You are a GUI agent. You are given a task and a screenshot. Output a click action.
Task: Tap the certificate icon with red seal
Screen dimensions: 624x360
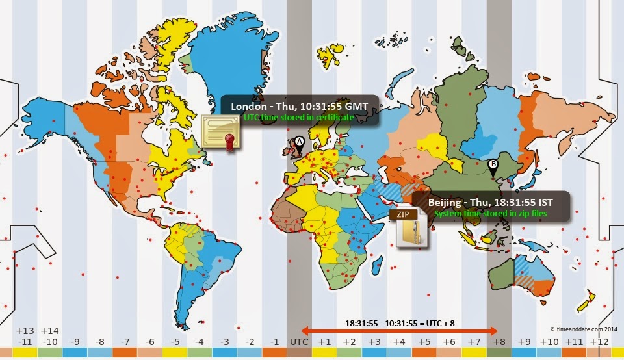(x=220, y=133)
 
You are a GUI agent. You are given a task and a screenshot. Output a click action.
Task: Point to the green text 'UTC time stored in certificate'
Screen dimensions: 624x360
(x=299, y=118)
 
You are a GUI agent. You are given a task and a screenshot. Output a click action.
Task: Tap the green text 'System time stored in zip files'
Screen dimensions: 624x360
(x=491, y=214)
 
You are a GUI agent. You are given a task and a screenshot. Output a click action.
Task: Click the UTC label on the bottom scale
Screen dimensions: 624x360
(x=299, y=342)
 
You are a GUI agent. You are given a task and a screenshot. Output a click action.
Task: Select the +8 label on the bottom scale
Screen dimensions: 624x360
(x=499, y=342)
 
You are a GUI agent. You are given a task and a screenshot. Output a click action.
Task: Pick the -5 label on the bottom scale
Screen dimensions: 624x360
(x=175, y=342)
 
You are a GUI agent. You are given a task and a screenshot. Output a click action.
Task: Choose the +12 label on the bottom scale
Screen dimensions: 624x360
(x=599, y=342)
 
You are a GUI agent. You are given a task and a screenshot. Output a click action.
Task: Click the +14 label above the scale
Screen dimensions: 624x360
(x=50, y=331)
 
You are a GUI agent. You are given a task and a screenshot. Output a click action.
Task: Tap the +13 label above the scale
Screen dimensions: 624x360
(x=25, y=331)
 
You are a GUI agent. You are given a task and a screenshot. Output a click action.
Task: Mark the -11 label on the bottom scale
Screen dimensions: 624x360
(x=25, y=342)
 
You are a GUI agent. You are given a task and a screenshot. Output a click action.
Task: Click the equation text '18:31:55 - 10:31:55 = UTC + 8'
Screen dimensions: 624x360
(x=399, y=322)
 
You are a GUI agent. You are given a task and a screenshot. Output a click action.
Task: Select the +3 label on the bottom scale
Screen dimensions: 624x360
(x=374, y=342)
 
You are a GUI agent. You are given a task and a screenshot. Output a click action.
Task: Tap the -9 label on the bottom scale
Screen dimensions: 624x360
(x=75, y=342)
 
